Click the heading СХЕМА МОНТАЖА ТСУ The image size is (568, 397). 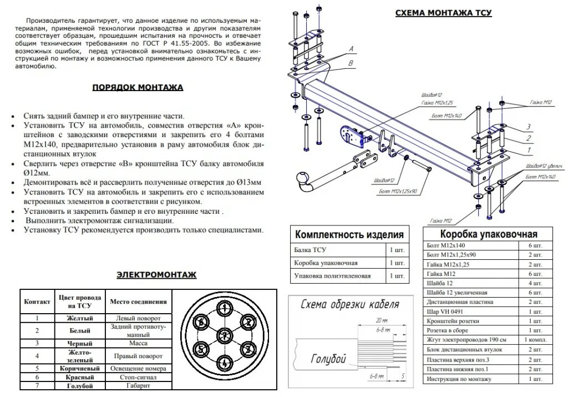coord(443,13)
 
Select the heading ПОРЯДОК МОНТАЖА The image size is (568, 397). coord(137,87)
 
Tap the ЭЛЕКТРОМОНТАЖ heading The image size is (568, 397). coord(156,274)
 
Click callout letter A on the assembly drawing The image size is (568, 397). coord(351,49)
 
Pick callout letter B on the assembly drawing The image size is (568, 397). coord(351,63)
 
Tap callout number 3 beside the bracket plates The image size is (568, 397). coord(529,127)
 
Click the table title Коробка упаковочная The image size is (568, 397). coord(489,234)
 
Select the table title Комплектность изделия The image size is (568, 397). coord(349,234)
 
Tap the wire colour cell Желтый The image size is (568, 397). coord(79,318)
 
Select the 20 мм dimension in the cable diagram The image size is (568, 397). coord(381,321)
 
